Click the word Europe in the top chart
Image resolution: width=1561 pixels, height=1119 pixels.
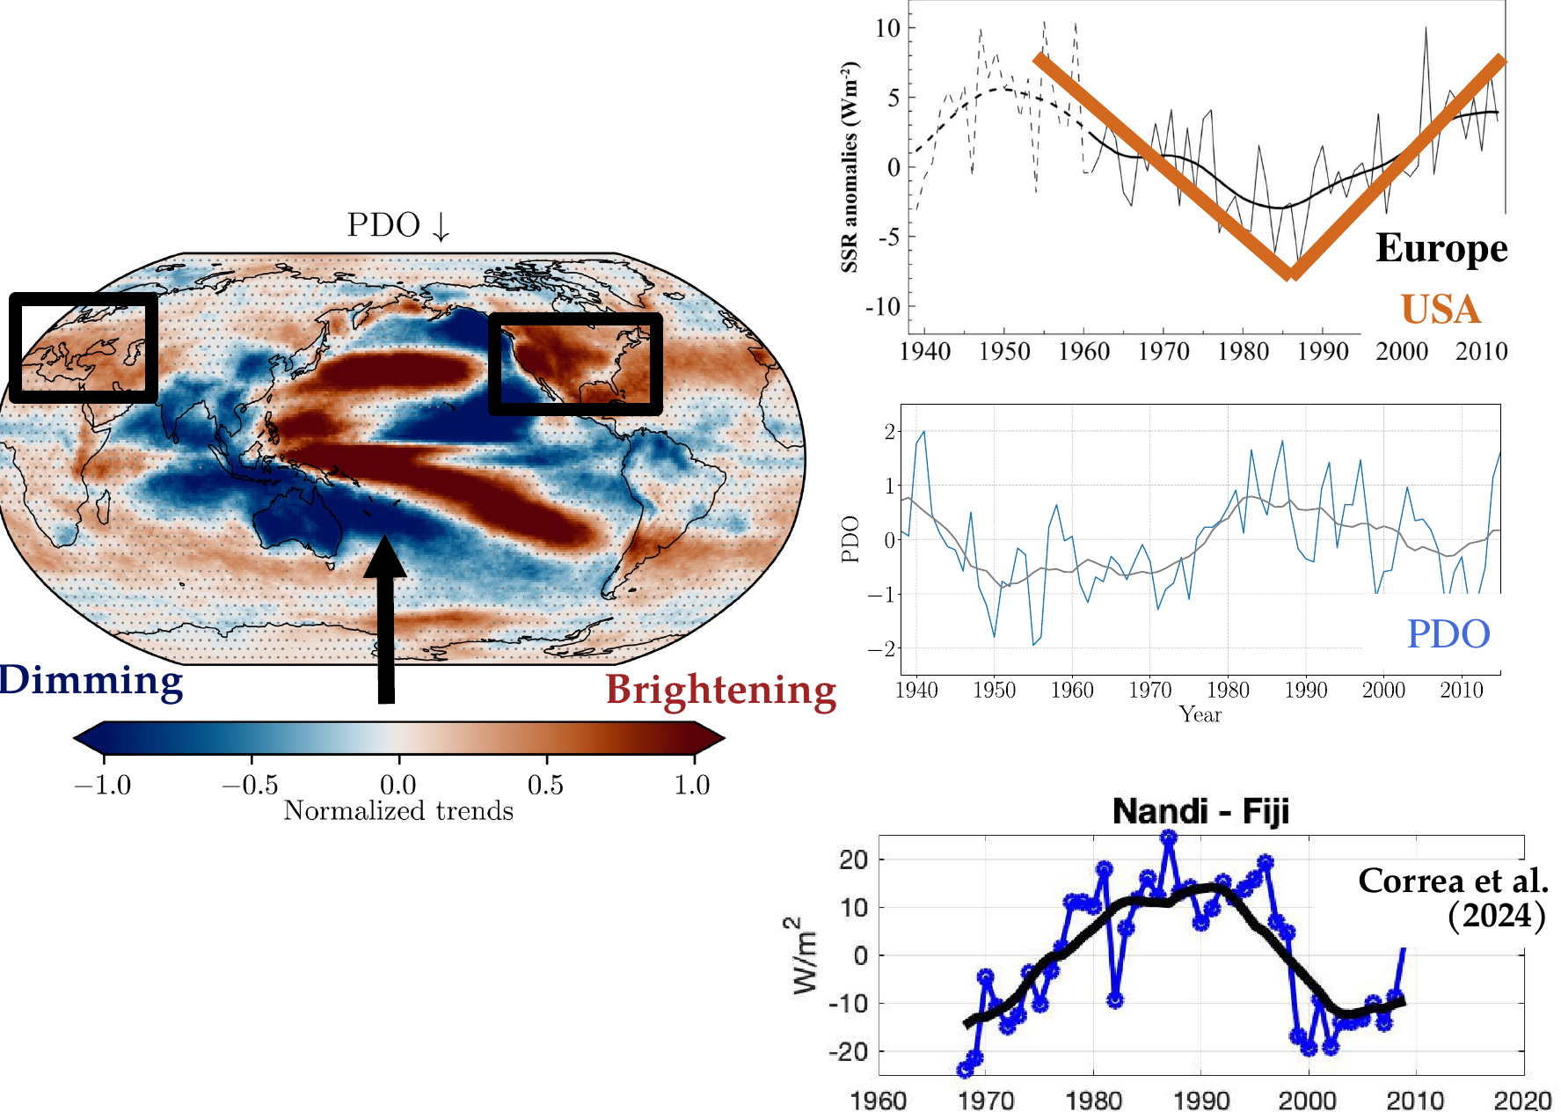click(1441, 248)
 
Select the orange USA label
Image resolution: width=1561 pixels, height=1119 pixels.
click(1441, 310)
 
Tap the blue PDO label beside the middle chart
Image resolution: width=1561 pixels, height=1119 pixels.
click(1448, 633)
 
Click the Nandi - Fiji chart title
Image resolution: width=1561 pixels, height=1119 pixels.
click(1200, 810)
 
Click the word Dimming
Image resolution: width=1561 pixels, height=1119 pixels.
click(91, 681)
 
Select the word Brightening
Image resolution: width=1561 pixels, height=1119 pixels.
click(720, 690)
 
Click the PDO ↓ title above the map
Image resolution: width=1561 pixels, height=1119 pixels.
click(398, 225)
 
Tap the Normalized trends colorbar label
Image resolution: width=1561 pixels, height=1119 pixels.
click(398, 810)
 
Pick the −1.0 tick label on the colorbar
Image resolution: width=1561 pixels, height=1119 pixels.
click(103, 785)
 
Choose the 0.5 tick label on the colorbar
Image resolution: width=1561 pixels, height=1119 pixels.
click(545, 785)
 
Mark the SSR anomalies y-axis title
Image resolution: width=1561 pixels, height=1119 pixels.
click(849, 167)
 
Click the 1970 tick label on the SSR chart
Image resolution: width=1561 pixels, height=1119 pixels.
click(1163, 352)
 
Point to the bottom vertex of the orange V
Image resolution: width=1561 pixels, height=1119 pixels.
click(1290, 273)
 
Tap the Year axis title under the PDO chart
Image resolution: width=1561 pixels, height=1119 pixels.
click(1200, 714)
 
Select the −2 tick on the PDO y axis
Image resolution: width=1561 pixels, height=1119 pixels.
click(880, 648)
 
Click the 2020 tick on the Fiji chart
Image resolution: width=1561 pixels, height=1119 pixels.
click(1522, 1101)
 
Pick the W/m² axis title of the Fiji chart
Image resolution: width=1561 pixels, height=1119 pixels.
click(804, 955)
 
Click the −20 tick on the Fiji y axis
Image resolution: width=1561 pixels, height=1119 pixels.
click(848, 1051)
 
